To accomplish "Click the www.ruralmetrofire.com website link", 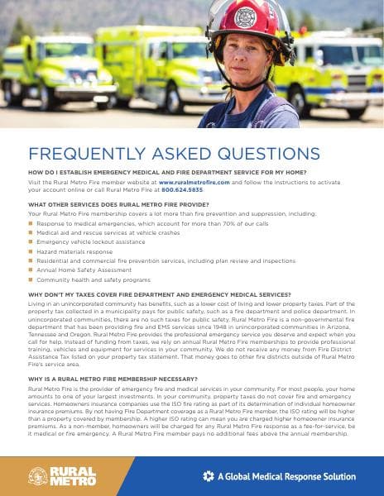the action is pyautogui.click(x=195, y=180).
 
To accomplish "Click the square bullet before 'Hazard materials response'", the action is pyautogui.click(x=31, y=250).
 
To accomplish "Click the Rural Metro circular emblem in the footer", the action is pyautogui.click(x=38, y=476).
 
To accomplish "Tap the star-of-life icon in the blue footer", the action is pyautogui.click(x=209, y=477).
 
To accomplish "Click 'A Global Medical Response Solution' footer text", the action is pyautogui.click(x=286, y=477).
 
